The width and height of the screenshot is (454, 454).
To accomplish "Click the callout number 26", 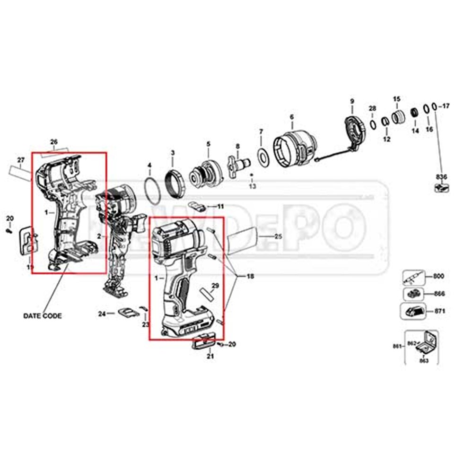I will tap(54, 141).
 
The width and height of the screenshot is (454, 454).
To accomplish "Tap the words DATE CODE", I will tap(43, 316).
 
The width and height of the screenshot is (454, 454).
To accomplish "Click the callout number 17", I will tap(445, 106).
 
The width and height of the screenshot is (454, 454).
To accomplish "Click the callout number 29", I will tap(215, 286).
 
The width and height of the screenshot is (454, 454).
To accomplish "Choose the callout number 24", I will tap(102, 313).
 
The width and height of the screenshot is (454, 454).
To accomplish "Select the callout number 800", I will tap(439, 277).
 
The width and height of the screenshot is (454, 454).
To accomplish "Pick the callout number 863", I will tap(424, 360).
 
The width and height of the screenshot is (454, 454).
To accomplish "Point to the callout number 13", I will tap(252, 187).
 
